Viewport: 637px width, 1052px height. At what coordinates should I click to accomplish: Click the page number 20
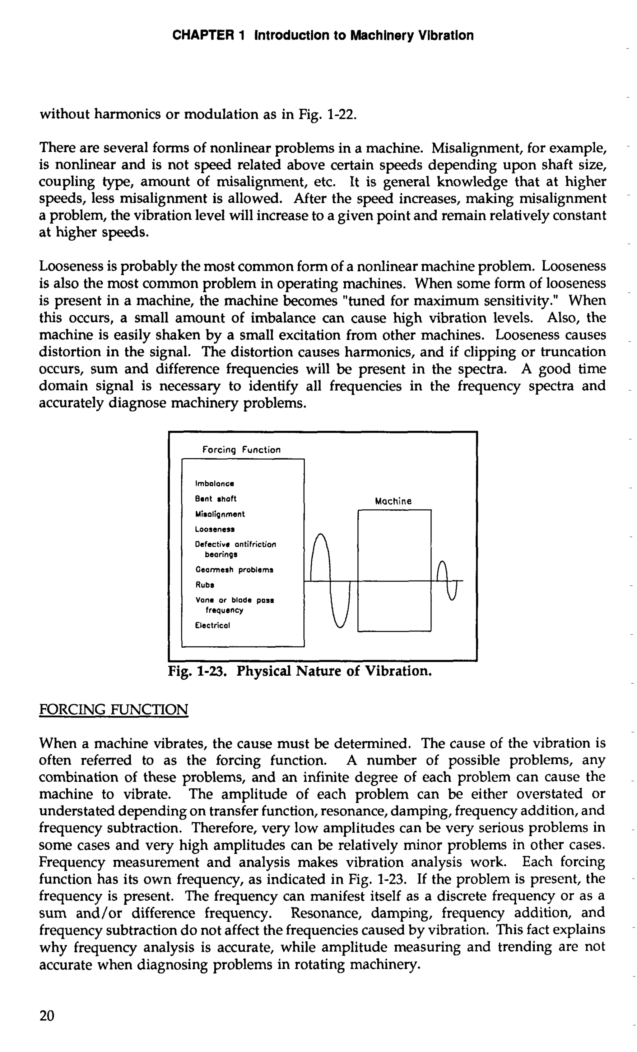pyautogui.click(x=47, y=1015)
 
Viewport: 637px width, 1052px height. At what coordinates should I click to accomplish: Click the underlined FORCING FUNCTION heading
pyautogui.click(x=113, y=709)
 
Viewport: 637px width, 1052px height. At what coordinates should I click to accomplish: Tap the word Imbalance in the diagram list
pyautogui.click(x=214, y=484)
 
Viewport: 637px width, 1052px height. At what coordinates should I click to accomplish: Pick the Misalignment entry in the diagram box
pyautogui.click(x=220, y=514)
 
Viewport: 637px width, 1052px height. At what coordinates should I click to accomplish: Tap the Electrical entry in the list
pyautogui.click(x=212, y=626)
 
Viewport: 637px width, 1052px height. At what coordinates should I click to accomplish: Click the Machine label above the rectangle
pyautogui.click(x=393, y=501)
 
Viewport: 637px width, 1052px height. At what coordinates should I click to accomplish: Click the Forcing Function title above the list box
pyautogui.click(x=241, y=450)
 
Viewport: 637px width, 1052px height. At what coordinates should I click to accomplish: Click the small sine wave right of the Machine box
pyautogui.click(x=447, y=581)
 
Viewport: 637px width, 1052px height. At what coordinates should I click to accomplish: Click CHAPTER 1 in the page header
pyautogui.click(x=208, y=35)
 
